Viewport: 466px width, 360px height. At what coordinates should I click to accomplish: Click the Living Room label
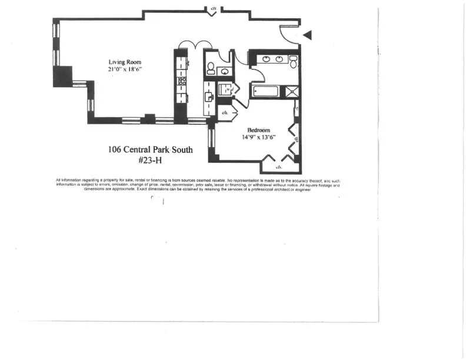124,62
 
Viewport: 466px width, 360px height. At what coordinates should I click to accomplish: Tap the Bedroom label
258,130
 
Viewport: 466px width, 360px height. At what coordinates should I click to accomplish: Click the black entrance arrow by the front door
307,36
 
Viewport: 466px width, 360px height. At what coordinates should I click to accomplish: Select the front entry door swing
287,34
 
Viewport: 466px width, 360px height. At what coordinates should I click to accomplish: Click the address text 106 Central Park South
150,149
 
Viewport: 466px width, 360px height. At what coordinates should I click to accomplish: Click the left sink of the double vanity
265,59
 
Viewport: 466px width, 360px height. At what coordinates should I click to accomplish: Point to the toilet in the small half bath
211,68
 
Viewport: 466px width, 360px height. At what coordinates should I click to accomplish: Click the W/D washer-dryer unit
224,90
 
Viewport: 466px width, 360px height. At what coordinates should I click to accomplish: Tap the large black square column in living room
61,76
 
